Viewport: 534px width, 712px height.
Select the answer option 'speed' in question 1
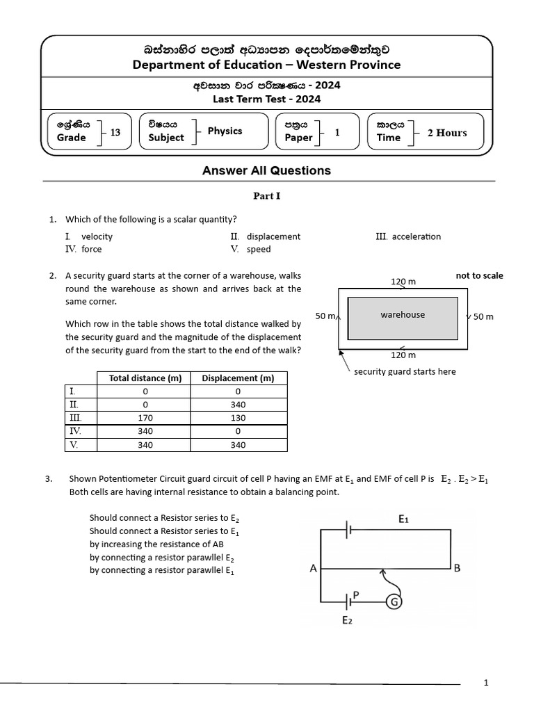[259, 249]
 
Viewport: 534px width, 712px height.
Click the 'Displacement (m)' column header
[238, 378]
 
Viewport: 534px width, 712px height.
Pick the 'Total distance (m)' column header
[145, 378]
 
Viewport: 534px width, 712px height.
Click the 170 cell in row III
[145, 418]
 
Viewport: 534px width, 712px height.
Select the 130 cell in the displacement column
[238, 418]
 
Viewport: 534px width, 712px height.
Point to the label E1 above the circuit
[404, 519]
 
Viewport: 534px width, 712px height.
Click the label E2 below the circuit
[347, 621]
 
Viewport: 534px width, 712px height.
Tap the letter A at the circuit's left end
[313, 568]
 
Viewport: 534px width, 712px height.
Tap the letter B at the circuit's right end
[457, 568]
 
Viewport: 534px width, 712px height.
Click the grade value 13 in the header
[115, 131]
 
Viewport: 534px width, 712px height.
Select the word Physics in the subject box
[225, 131]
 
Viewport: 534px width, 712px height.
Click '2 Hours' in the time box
[447, 132]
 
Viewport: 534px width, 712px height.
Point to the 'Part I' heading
[267, 196]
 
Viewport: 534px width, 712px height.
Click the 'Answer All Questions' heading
[266, 170]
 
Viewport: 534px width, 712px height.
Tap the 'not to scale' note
[479, 275]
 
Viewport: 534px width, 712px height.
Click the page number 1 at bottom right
[486, 683]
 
